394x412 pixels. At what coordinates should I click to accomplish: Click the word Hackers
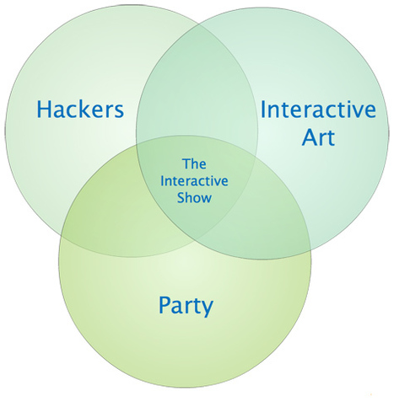pos(80,109)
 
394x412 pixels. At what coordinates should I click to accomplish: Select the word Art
pos(318,137)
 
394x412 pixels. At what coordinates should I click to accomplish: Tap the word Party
pos(186,306)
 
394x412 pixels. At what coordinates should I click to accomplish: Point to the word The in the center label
pos(194,163)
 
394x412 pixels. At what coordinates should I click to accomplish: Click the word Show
pos(194,197)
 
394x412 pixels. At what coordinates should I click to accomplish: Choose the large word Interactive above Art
pos(318,110)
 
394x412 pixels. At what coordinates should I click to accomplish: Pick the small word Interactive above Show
pos(194,181)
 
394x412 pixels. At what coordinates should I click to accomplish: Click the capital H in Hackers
pos(43,109)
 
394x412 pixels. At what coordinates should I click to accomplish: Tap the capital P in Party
pos(165,305)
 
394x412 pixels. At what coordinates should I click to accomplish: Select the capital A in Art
pos(310,136)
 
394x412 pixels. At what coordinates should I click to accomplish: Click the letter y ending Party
pos(207,309)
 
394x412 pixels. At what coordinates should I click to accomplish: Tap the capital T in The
pos(186,163)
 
